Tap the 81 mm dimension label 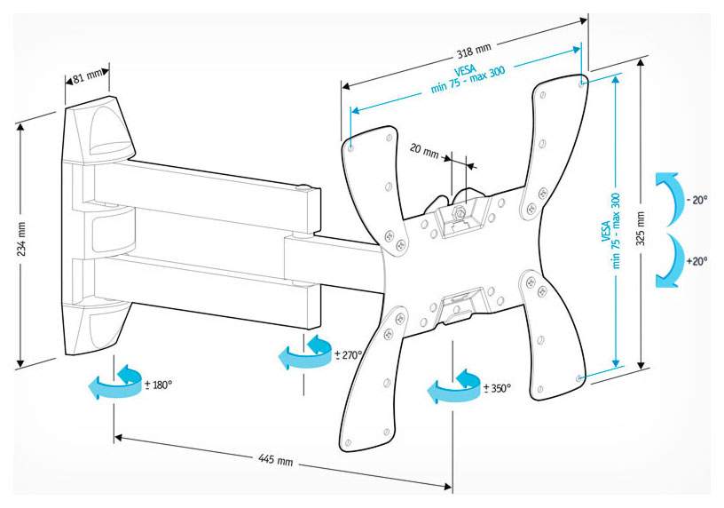tap(86, 77)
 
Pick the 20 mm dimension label tap(424, 152)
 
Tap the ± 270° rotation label tap(349, 355)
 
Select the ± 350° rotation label tap(496, 388)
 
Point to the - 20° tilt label tap(696, 201)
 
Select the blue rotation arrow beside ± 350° tap(452, 387)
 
